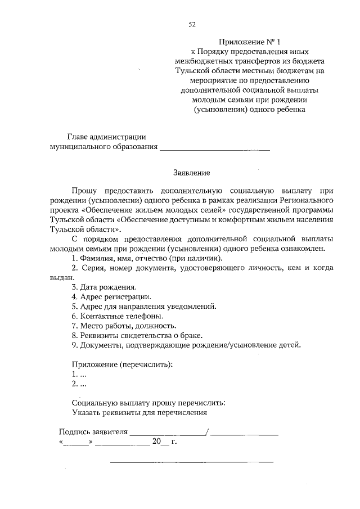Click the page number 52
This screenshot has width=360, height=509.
192,24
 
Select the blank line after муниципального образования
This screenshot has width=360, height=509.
215,149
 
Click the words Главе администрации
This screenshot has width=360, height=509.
107,137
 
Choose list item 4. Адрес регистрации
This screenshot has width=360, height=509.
111,296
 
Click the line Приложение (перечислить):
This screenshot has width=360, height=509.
122,364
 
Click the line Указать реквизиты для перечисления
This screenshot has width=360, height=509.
140,412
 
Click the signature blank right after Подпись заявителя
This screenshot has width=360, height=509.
168,433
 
